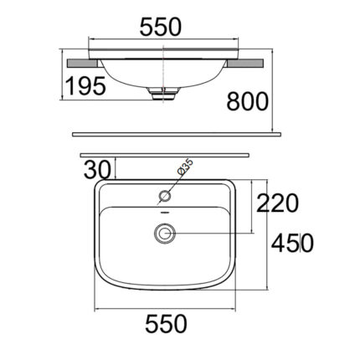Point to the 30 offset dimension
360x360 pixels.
click(97, 169)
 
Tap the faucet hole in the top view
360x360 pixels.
click(165, 198)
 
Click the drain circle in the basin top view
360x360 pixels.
click(163, 232)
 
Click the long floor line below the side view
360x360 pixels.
click(175, 133)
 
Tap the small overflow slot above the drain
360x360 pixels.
click(163, 216)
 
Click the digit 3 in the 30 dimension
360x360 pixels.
click(90, 169)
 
